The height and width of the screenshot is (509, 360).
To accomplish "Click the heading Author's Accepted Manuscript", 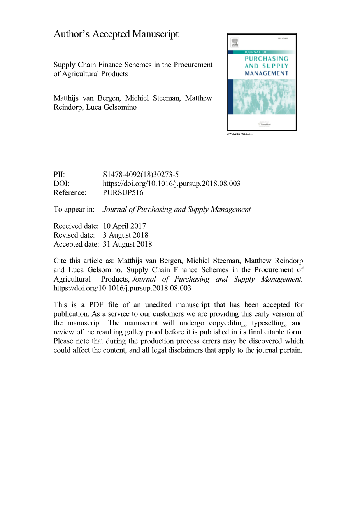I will pos(116,34).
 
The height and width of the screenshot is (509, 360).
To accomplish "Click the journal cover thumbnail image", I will pos(262,82).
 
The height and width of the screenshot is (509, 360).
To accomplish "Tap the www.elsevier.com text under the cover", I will pos(239,133).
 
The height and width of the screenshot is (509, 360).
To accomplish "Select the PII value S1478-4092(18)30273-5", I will pos(140,175).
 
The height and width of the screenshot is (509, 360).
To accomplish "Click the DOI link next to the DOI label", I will pos(171,184).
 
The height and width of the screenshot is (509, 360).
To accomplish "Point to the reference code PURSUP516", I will pos(123,192).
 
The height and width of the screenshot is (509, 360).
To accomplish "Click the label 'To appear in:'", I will pos(74,209).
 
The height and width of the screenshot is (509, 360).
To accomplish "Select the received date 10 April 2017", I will pos(124,226).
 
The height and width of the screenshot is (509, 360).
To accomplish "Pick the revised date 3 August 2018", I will pos(125,235).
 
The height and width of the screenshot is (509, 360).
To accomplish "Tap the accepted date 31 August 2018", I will pos(127,244).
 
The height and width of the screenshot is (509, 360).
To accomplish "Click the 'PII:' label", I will pos(59,175).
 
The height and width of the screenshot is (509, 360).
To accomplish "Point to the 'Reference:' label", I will pos(70,192).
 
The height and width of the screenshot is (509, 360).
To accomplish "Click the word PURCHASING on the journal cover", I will pos(267,59).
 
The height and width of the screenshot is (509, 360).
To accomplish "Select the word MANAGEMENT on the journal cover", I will pos(267,73).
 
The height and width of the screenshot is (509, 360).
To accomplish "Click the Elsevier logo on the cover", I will pos(235,43).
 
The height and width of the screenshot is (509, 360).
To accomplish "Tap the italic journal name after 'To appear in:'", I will pos(177,209).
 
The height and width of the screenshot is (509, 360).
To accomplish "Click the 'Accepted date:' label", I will pos(76,244).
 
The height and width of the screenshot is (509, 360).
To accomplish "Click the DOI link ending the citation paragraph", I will pos(122,288).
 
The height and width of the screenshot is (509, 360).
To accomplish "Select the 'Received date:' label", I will pos(76,226).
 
